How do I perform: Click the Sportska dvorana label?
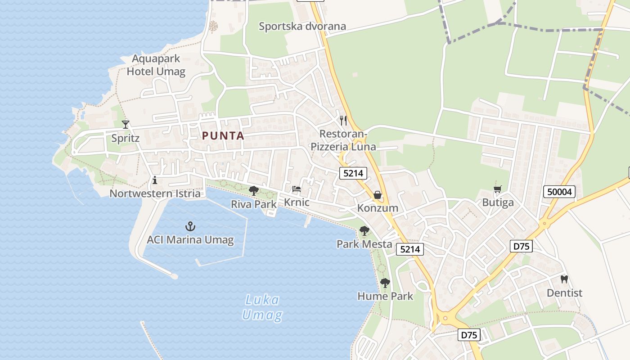[302, 26]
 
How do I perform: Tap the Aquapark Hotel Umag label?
[156, 65]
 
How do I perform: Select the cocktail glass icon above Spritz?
[126, 124]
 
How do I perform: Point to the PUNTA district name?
[223, 135]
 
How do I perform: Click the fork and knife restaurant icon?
[343, 120]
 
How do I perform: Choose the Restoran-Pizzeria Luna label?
[343, 140]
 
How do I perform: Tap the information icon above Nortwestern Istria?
[155, 180]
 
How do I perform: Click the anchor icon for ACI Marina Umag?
[190, 226]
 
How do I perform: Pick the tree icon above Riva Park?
[254, 191]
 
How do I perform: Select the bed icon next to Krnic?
[296, 189]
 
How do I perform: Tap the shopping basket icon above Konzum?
[378, 195]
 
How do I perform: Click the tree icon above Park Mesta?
[364, 231]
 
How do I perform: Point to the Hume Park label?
[385, 296]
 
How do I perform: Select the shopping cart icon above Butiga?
[498, 189]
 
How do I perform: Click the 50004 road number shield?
[560, 192]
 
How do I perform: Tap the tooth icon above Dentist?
[564, 279]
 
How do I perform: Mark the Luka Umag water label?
[262, 307]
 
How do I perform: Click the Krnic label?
[297, 202]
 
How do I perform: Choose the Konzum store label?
[378, 208]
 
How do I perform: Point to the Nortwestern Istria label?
[155, 193]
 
